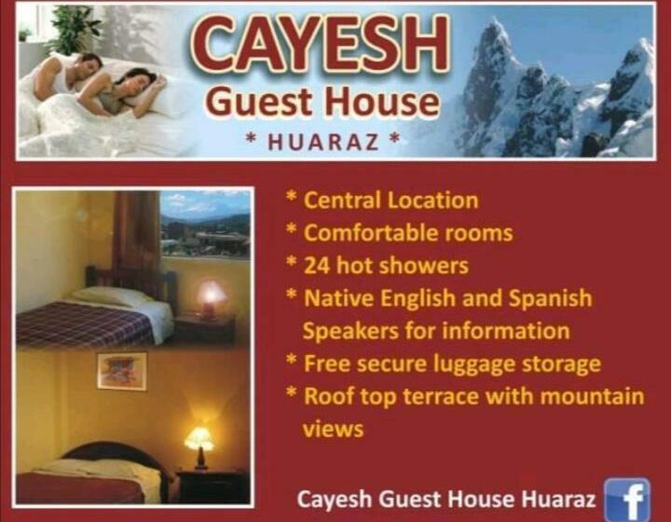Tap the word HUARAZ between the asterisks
pos(322,143)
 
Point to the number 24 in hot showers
pos(317,266)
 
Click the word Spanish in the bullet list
pos(550,298)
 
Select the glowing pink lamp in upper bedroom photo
pos(212,297)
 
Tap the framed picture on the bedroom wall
pos(121,370)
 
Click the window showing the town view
pos(204,225)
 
